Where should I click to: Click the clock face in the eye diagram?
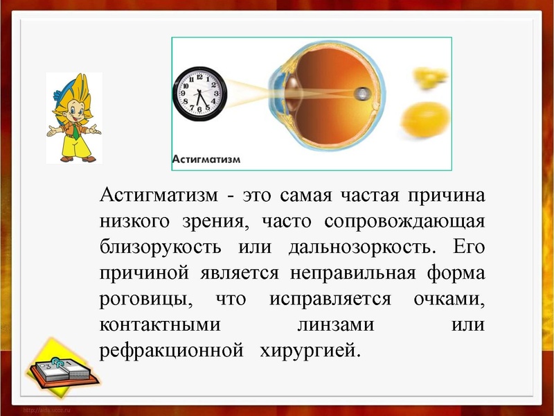click(199, 92)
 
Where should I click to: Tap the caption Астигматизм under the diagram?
click(206, 159)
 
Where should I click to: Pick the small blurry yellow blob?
click(422, 78)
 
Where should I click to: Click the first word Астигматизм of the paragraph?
click(158, 195)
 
